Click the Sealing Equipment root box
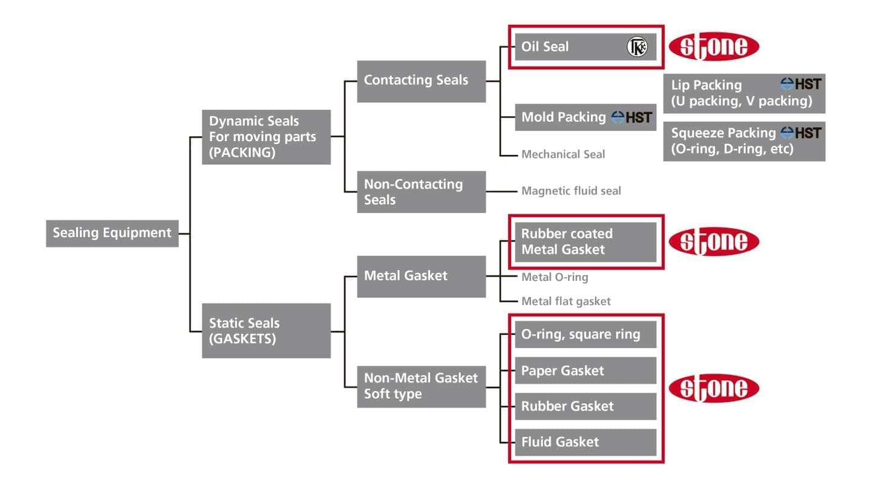click(x=112, y=233)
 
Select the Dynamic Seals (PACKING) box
click(x=266, y=137)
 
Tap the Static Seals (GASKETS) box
click(x=266, y=331)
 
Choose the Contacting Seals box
click(x=421, y=81)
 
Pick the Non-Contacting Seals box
click(x=421, y=191)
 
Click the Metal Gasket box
click(x=421, y=276)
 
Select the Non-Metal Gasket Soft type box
click(x=421, y=386)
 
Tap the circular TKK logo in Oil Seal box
click(x=637, y=47)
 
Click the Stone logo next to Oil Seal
click(x=714, y=47)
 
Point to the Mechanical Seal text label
click(x=563, y=154)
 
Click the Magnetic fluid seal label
click(x=571, y=191)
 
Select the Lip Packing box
click(x=744, y=93)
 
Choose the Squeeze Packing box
click(x=744, y=141)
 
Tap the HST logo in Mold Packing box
click(x=631, y=117)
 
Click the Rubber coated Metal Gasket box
click(x=585, y=242)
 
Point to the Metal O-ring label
click(x=554, y=277)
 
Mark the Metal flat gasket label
click(x=566, y=301)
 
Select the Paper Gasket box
click(x=585, y=371)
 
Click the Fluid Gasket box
click(x=585, y=442)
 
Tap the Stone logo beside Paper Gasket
click(x=714, y=388)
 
